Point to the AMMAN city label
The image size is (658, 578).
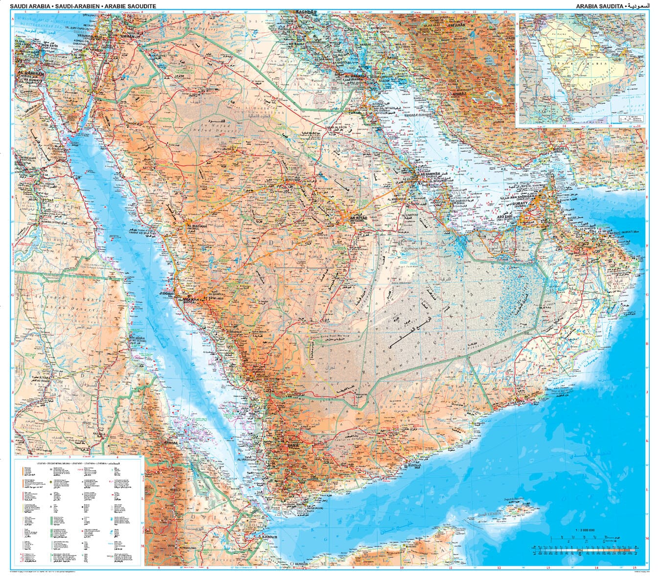pos(123,37)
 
